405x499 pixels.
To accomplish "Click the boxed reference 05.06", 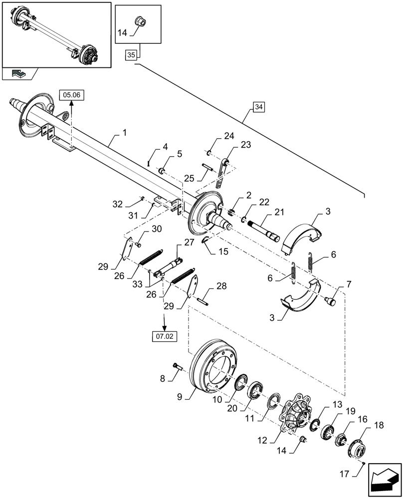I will coord(71,94).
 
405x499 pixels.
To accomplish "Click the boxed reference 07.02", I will coord(164,337).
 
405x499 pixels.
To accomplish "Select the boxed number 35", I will coord(131,55).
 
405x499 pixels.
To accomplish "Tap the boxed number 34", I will coord(259,107).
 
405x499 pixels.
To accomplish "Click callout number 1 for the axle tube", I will coord(124,133).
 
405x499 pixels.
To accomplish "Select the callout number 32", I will coord(118,204).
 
